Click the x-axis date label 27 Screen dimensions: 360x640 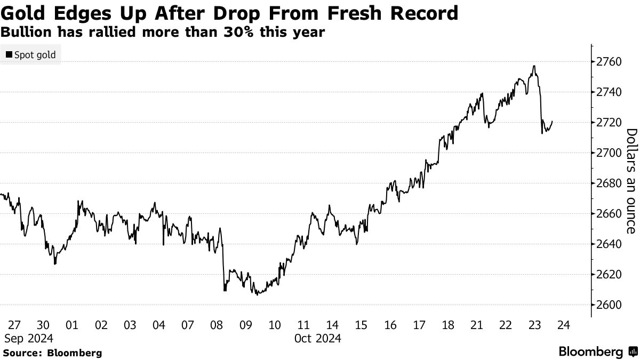(14, 325)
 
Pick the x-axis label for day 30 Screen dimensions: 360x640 (43, 325)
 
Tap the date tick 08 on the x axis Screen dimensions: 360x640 (217, 325)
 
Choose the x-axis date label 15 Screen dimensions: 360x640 (361, 325)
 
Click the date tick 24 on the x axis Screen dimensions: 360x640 (564, 325)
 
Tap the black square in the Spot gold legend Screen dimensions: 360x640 (9, 55)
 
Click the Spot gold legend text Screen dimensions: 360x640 (35, 55)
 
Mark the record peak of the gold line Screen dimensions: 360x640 (534, 66)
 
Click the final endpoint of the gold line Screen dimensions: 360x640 (552, 121)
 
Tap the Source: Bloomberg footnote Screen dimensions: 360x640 (52, 353)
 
